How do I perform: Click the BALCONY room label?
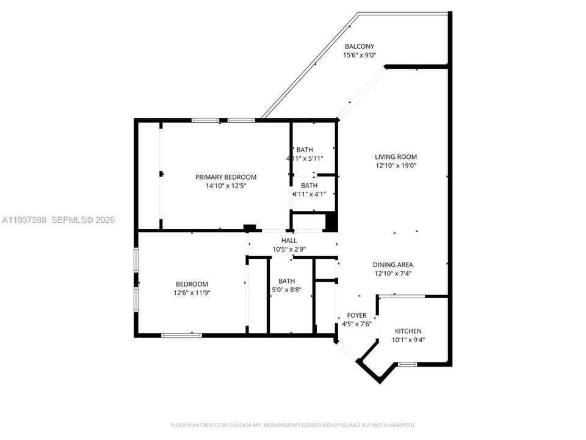click(360, 46)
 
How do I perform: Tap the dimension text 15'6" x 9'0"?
click(360, 55)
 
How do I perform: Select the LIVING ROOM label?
click(396, 156)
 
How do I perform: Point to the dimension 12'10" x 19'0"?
click(396, 166)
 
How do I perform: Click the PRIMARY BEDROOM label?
click(226, 177)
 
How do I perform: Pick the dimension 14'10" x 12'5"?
click(226, 186)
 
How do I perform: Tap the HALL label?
click(289, 240)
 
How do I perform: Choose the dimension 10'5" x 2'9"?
click(289, 249)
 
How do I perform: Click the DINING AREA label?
click(393, 265)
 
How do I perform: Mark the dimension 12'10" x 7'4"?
click(393, 274)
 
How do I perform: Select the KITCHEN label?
click(407, 331)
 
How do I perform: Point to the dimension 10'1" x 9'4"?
click(407, 340)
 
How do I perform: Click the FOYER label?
click(357, 315)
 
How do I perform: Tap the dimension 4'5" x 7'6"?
click(357, 324)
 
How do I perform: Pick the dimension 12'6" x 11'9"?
click(192, 293)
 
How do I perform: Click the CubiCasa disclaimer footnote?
click(292, 425)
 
